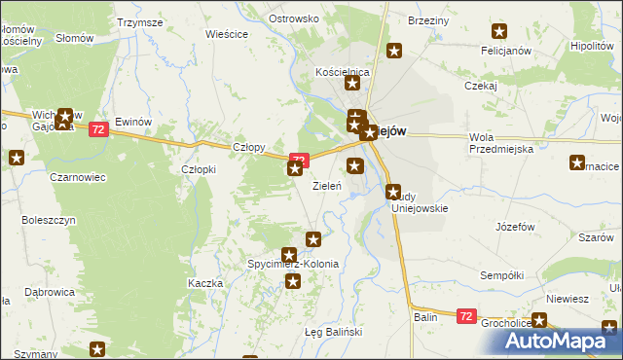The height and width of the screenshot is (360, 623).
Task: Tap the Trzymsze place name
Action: (x=139, y=21)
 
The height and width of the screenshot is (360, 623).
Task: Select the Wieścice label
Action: (x=227, y=33)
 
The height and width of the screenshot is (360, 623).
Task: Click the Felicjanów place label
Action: (x=503, y=49)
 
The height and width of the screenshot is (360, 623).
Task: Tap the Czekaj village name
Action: (x=481, y=85)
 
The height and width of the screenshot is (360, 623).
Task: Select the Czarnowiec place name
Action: (x=78, y=178)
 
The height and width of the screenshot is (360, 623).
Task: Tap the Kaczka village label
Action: (x=205, y=283)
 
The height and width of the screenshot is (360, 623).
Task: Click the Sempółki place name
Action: (x=503, y=275)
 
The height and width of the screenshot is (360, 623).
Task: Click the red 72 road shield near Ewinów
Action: (x=97, y=129)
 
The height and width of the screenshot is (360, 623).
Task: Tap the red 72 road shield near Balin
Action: (x=466, y=316)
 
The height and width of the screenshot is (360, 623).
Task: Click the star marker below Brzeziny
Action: (x=394, y=51)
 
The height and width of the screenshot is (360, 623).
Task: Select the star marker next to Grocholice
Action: (x=539, y=320)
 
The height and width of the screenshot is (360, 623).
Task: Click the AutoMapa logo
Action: (x=560, y=341)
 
